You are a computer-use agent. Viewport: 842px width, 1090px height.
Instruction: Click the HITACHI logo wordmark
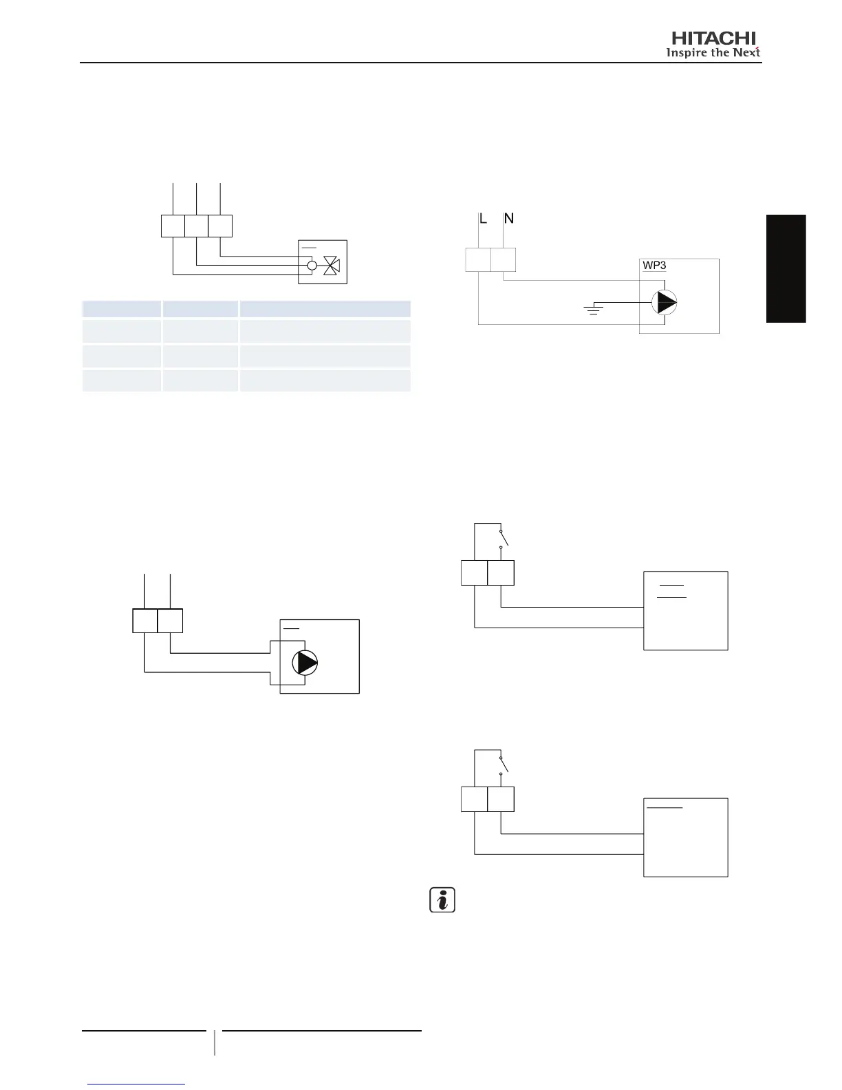click(714, 39)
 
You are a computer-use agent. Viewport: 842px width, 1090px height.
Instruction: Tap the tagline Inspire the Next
click(713, 53)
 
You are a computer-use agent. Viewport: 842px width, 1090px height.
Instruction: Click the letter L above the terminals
click(483, 219)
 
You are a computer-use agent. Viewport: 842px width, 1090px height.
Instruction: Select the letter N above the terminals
click(509, 219)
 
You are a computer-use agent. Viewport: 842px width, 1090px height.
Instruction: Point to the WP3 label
click(654, 265)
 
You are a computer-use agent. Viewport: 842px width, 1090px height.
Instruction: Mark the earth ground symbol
click(593, 308)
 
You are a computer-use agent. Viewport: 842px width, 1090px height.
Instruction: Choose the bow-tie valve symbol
click(332, 265)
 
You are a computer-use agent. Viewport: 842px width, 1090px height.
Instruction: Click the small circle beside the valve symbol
click(312, 265)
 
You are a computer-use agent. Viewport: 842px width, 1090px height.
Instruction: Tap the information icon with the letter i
click(442, 900)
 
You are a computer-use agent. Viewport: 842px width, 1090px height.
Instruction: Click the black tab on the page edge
click(786, 268)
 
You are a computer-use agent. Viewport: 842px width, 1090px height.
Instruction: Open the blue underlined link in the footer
click(137, 1084)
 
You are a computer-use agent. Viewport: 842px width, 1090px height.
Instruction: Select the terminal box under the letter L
click(478, 259)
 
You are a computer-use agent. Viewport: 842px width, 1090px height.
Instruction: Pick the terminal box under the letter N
click(504, 259)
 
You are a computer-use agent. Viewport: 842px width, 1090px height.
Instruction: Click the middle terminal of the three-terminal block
click(197, 226)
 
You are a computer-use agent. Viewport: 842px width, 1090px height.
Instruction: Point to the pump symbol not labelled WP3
click(305, 663)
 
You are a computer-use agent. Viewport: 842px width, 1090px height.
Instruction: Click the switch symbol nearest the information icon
click(504, 765)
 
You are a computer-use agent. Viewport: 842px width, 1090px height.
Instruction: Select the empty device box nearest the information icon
click(685, 837)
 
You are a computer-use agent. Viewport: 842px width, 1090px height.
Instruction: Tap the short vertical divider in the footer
click(215, 1042)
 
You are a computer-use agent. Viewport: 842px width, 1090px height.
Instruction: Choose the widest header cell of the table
click(325, 308)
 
